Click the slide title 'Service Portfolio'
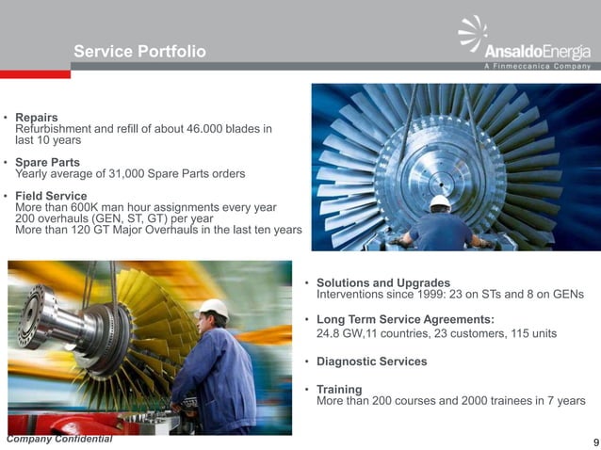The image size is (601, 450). click(x=139, y=51)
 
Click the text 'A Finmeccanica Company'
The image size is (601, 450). click(x=537, y=66)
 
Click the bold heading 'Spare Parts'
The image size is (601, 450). click(x=47, y=162)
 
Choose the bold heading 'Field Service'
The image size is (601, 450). click(x=52, y=196)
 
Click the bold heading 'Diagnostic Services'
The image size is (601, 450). click(x=371, y=362)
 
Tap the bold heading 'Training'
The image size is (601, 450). click(x=339, y=389)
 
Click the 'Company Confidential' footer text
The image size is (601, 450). click(x=58, y=440)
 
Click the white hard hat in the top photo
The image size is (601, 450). click(x=440, y=202)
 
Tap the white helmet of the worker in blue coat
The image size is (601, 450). click(x=214, y=308)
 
